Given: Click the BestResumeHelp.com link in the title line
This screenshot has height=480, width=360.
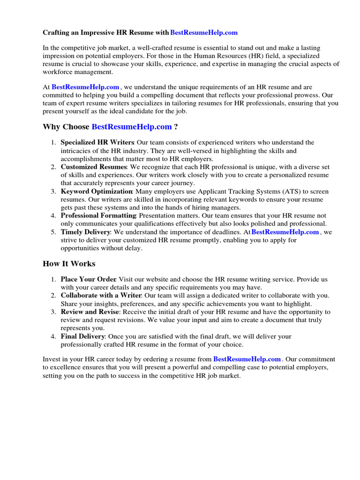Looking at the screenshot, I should tap(204, 33).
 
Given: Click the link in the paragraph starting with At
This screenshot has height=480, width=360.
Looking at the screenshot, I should tap(85, 87).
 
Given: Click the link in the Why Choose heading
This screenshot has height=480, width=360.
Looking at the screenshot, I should tap(132, 127).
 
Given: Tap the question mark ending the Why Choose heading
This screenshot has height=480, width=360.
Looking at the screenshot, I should tap(176, 127).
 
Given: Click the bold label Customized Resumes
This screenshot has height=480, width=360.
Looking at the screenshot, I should tap(93, 167).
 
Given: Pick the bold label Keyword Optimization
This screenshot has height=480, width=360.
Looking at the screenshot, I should tap(97, 192).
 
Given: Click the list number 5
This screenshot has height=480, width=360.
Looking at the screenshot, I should tap(53, 232).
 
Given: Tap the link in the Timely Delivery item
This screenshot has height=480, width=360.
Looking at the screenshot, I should tap(285, 232).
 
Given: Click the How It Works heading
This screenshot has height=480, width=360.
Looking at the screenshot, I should tap(69, 263).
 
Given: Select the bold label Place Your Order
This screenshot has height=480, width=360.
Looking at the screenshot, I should tap(89, 279).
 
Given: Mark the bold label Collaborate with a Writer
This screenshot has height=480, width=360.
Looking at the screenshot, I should tap(101, 295).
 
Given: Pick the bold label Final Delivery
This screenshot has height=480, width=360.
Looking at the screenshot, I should tap(83, 337).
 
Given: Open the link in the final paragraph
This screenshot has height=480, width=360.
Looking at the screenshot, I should tap(247, 360).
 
